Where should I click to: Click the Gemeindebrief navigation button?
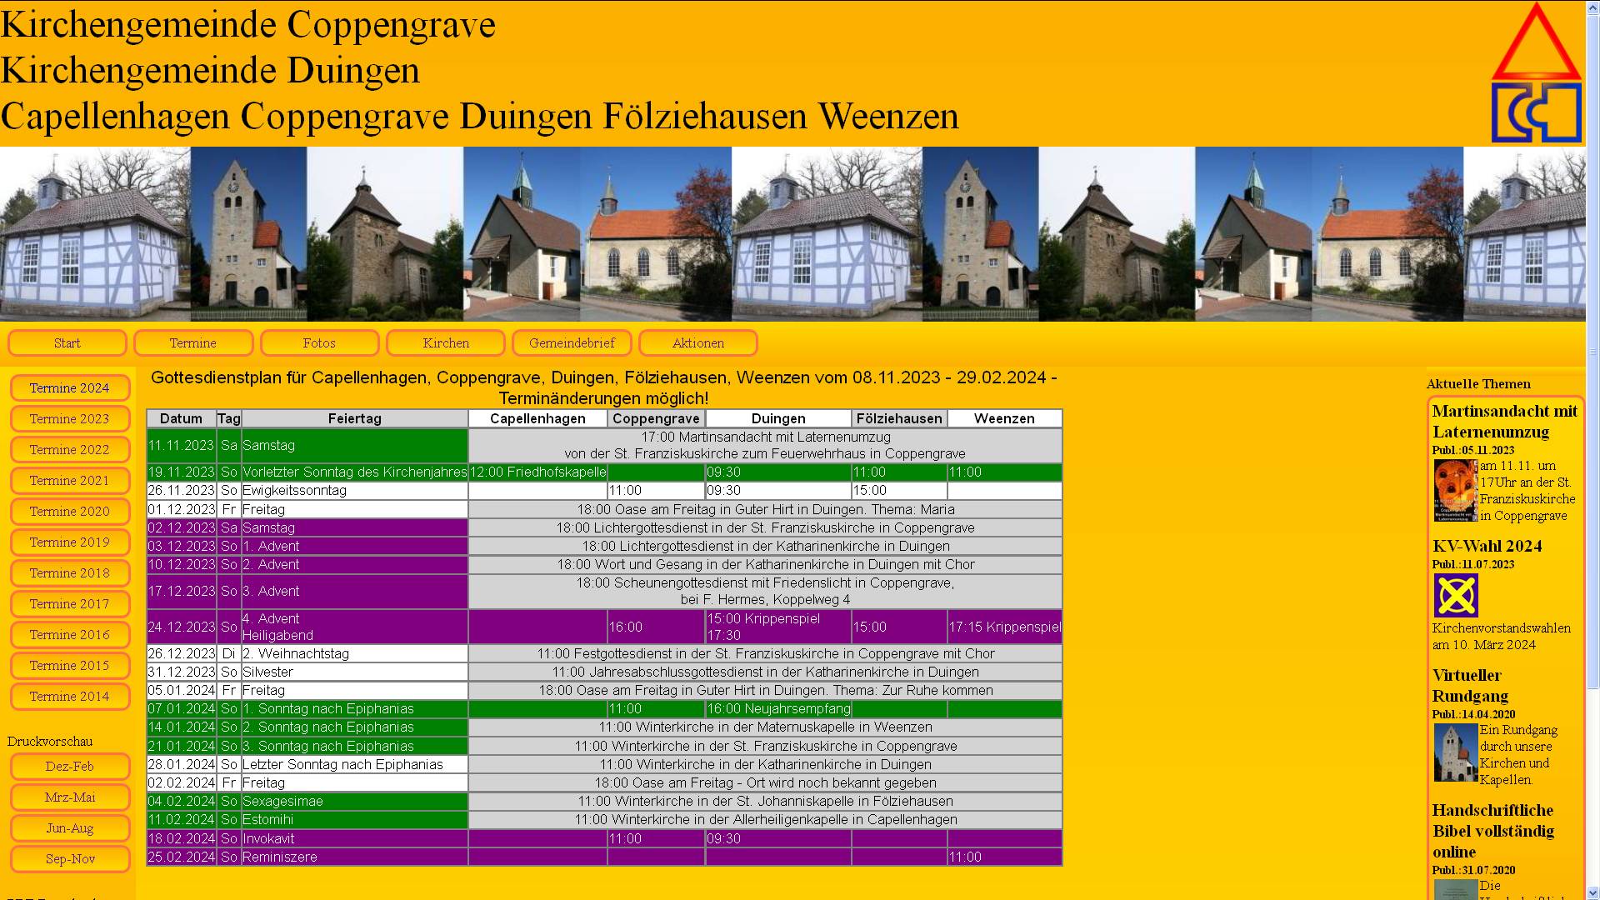click(572, 343)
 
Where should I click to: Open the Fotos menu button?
click(319, 343)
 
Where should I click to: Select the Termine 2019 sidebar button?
click(70, 542)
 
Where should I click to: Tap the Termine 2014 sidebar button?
click(70, 697)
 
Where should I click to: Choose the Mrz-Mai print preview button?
click(70, 797)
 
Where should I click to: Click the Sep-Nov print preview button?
click(70, 859)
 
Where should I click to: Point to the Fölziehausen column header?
click(899, 418)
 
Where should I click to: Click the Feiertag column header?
click(354, 418)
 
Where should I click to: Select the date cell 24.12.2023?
click(182, 627)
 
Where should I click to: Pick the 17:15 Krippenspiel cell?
click(1004, 627)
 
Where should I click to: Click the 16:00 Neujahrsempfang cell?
click(778, 709)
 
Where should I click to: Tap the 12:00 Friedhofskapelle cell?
click(537, 472)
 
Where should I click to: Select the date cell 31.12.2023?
click(182, 672)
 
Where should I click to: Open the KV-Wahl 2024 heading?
click(1487, 547)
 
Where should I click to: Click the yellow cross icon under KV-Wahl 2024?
click(1456, 596)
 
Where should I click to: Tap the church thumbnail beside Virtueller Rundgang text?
click(1455, 752)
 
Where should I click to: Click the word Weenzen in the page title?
click(887, 116)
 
